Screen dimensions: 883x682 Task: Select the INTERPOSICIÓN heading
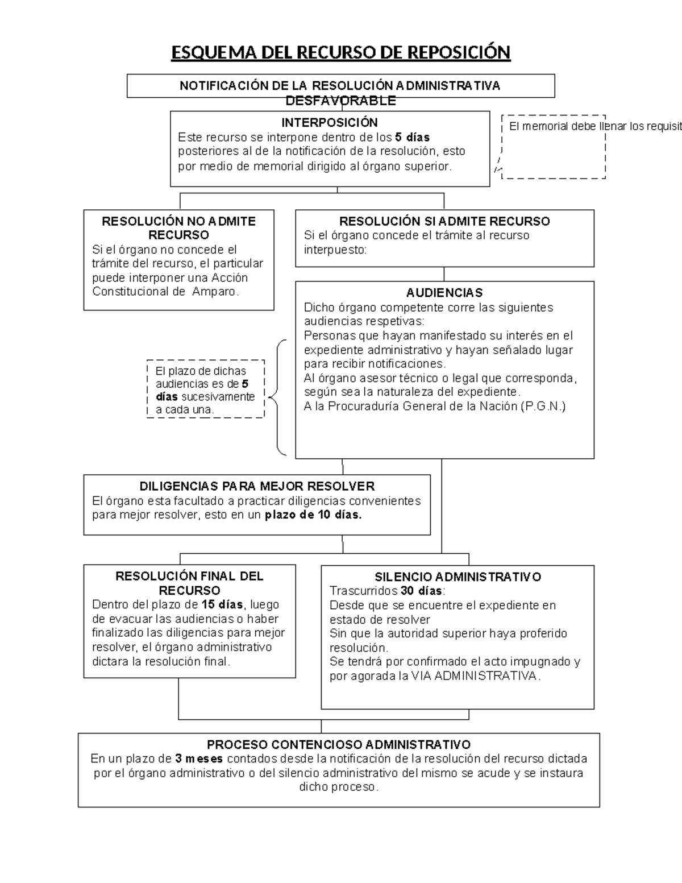point(330,123)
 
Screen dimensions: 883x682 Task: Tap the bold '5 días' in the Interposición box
point(412,137)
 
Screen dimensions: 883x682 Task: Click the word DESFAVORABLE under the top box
point(340,101)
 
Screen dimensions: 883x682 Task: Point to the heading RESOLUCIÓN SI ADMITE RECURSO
point(444,221)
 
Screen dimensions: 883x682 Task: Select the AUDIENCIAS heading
point(444,293)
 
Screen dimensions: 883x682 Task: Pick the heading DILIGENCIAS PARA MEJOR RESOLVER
point(257,486)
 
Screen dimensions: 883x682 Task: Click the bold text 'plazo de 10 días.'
point(313,515)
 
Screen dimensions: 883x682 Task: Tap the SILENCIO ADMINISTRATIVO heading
point(458,577)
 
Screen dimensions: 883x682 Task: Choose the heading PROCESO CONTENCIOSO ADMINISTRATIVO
point(339,745)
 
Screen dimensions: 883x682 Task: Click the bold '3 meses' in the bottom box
point(199,759)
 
